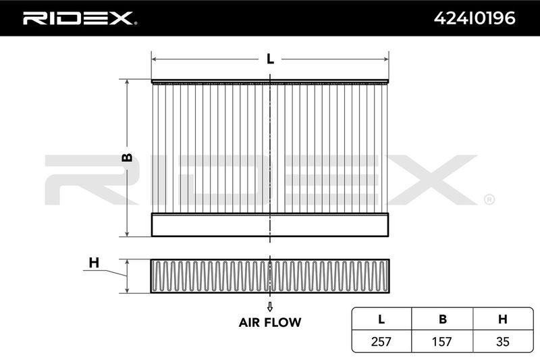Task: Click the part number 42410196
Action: click(x=475, y=18)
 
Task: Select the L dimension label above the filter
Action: click(x=271, y=59)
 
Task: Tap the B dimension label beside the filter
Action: click(x=127, y=157)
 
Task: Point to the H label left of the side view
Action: click(x=94, y=263)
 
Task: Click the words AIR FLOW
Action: click(x=270, y=322)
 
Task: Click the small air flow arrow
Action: click(x=270, y=307)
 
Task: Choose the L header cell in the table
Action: click(x=381, y=319)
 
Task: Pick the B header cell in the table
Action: click(x=443, y=319)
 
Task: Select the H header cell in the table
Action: click(x=503, y=319)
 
